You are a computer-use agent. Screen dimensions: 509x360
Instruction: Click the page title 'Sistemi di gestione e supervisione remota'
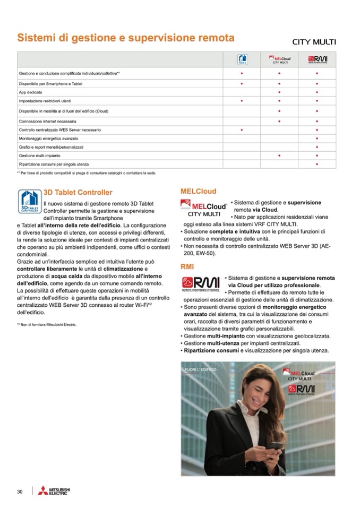click(125, 38)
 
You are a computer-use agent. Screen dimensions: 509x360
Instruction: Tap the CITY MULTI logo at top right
click(314, 42)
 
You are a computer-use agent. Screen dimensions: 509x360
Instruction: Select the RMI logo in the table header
click(317, 59)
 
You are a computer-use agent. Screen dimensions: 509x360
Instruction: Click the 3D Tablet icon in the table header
click(242, 59)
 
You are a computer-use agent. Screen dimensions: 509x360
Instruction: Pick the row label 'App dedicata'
click(30, 92)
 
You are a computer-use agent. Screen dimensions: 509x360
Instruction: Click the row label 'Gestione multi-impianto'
click(39, 155)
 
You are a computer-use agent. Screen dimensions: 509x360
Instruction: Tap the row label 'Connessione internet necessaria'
click(47, 122)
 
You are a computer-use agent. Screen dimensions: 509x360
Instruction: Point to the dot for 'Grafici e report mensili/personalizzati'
click(317, 146)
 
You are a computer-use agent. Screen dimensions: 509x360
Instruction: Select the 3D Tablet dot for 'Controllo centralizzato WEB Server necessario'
click(242, 130)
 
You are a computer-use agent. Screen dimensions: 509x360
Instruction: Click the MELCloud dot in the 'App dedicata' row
click(280, 92)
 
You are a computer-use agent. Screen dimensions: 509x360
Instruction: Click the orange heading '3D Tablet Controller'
click(78, 193)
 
